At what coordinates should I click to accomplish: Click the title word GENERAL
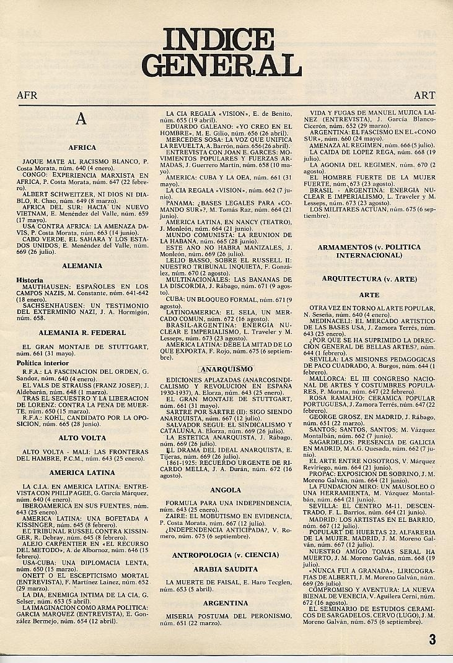(x=226, y=65)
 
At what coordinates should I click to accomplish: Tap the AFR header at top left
(x=27, y=96)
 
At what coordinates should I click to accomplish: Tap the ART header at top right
(x=424, y=96)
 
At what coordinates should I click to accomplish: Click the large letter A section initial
(x=81, y=119)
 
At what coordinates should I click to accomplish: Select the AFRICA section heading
(x=82, y=147)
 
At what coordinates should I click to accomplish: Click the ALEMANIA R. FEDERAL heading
(x=82, y=332)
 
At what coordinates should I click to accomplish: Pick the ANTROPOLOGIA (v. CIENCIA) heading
(x=226, y=555)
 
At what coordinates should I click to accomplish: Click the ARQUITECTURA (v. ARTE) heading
(x=369, y=279)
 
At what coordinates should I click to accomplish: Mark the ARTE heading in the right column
(x=369, y=295)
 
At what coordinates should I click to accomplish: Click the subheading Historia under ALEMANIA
(x=30, y=280)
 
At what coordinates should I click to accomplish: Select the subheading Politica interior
(x=42, y=363)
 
